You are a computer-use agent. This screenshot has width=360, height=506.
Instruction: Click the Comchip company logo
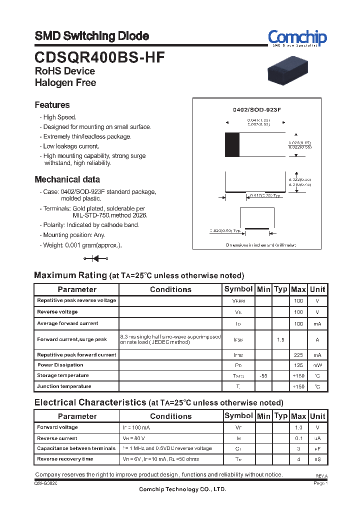coord(297,37)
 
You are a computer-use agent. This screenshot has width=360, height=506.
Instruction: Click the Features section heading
coord(52,105)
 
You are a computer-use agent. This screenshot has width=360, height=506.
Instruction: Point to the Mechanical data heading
coord(67,179)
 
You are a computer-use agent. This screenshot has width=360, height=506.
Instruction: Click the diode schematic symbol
coord(96,258)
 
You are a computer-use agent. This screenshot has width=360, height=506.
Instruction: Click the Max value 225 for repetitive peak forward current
coord(298,355)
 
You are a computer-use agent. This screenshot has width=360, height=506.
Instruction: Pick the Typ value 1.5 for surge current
coord(280,340)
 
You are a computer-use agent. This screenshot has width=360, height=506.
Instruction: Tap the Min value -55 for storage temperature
coord(263,375)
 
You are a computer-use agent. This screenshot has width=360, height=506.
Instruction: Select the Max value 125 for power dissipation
coord(298,365)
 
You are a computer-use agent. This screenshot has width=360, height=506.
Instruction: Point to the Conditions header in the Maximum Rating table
coord(170,289)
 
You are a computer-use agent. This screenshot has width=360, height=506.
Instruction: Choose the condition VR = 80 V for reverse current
coord(135,438)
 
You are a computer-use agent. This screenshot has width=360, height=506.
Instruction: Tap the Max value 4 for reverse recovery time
coord(298,459)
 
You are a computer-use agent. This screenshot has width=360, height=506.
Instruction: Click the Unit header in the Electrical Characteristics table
coord(317,416)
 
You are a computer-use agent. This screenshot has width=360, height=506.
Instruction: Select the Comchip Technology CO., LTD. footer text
coord(182,489)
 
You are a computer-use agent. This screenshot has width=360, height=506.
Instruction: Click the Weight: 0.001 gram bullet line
coord(82,245)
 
